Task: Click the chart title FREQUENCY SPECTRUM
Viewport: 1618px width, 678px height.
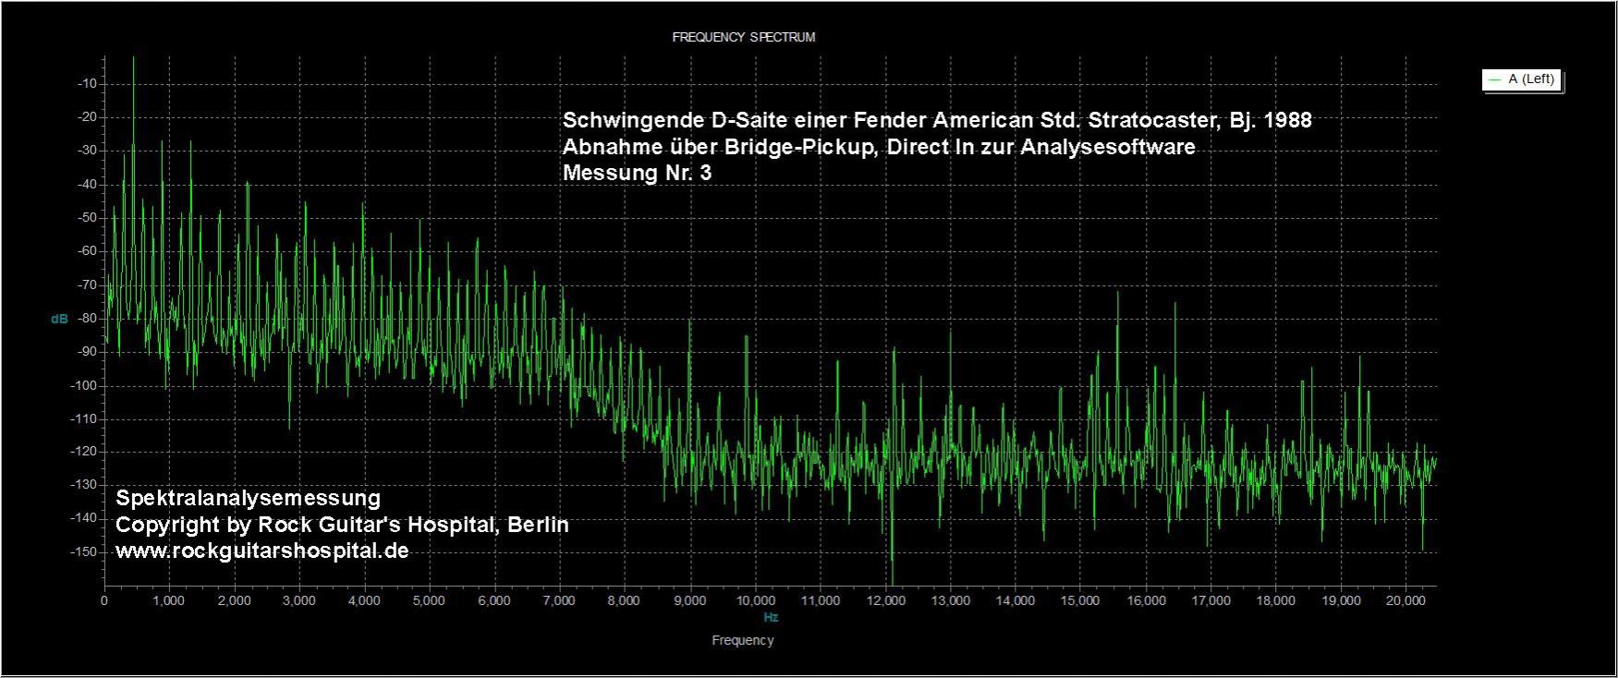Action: tap(743, 38)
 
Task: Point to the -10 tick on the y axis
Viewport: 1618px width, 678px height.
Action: tap(90, 84)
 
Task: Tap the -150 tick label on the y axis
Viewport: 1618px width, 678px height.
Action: tap(87, 552)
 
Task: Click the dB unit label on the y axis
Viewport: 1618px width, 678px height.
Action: tap(59, 319)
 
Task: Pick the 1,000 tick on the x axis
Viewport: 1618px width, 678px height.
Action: tap(169, 600)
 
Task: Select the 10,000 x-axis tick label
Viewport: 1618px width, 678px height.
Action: tap(755, 600)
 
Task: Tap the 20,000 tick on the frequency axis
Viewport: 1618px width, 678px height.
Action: tap(1405, 600)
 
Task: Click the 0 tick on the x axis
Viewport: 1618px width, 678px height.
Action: tap(104, 600)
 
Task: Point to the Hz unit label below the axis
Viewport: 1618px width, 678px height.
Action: tap(771, 617)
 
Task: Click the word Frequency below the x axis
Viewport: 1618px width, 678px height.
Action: tap(743, 640)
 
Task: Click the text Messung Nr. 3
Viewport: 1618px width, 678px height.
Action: tap(637, 173)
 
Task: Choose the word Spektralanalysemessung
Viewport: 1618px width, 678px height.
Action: tap(248, 499)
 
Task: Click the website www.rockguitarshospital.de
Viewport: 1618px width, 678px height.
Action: tap(262, 551)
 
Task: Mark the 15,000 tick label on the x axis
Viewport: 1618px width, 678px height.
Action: tap(1080, 600)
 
